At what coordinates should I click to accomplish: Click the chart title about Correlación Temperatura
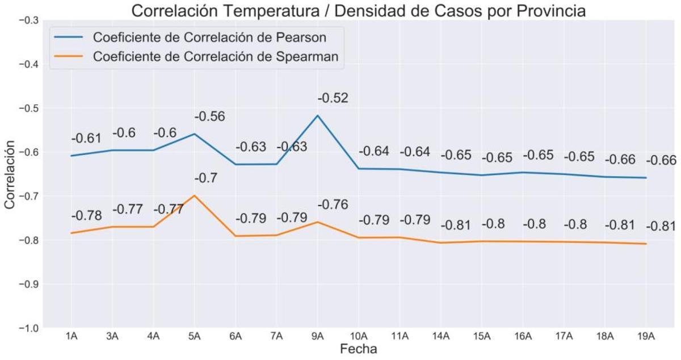click(358, 11)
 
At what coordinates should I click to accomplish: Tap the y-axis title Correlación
click(10, 174)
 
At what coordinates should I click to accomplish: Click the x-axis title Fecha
click(358, 349)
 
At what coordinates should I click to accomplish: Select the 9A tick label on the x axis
click(317, 336)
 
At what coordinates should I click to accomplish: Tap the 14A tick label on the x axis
click(440, 336)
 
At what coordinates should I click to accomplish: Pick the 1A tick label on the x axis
click(72, 336)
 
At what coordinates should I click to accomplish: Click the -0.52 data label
click(333, 98)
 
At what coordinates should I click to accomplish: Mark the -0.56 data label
click(209, 116)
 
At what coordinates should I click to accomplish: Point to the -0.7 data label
click(206, 178)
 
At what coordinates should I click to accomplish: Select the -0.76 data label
click(333, 204)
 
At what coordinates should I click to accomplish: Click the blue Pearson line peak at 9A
click(317, 115)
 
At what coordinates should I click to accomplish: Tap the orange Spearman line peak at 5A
click(195, 195)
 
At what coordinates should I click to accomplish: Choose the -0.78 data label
click(86, 216)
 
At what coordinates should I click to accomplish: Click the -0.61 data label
click(86, 139)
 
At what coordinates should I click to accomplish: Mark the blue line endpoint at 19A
click(646, 178)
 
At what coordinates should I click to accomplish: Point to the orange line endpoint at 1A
click(72, 233)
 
